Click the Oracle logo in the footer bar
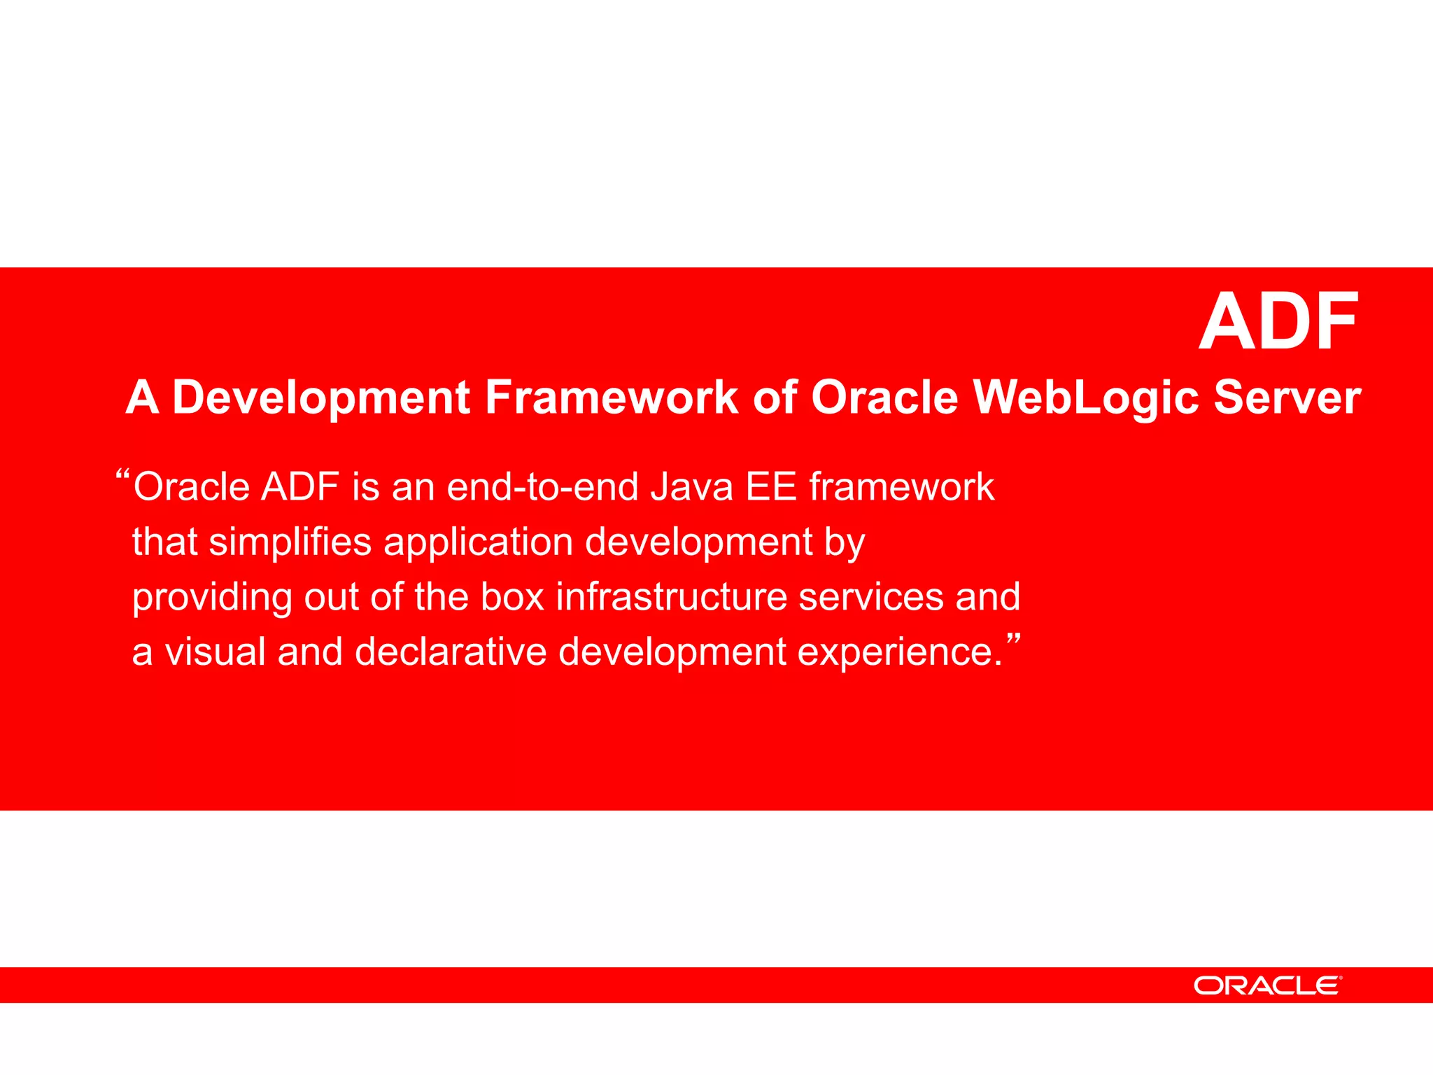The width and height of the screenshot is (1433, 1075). [x=1267, y=985]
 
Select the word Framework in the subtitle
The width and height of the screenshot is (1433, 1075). [x=612, y=398]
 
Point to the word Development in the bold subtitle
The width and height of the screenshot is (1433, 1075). [x=321, y=398]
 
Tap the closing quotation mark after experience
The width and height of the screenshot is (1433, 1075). [x=1013, y=639]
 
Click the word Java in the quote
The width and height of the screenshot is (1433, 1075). [x=691, y=487]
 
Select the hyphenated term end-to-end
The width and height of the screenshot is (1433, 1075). [x=542, y=487]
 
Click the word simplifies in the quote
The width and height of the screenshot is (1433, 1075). [x=290, y=542]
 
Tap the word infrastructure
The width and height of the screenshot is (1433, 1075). [x=672, y=597]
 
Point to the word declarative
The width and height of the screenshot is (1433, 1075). [x=451, y=652]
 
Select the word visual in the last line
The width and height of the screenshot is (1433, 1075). [x=215, y=652]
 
